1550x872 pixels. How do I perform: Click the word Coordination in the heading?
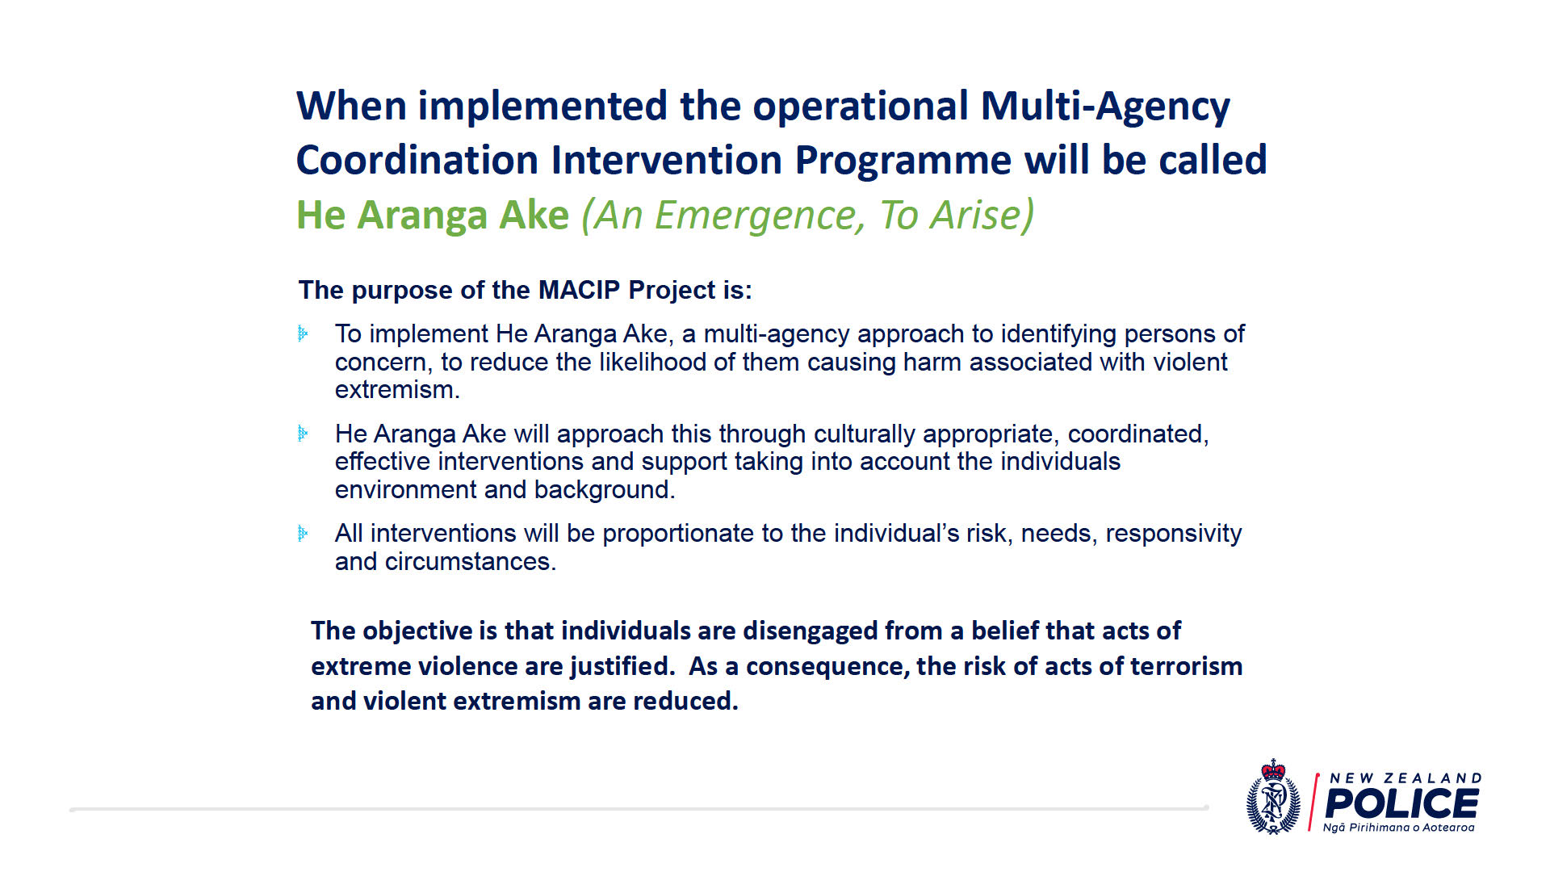pos(417,159)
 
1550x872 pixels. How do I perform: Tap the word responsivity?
pos(1174,534)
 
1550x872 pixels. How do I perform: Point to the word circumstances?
pos(471,561)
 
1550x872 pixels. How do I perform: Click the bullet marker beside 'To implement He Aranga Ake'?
pos(303,333)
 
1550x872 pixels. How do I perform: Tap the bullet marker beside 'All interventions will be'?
pos(303,533)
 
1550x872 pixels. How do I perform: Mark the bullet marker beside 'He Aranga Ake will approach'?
pos(303,434)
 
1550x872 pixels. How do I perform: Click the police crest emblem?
pos(1274,797)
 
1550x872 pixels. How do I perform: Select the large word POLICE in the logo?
pos(1401,804)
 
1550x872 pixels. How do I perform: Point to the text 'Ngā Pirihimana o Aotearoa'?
pos(1398,828)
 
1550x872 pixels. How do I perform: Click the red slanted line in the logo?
pos(1313,803)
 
